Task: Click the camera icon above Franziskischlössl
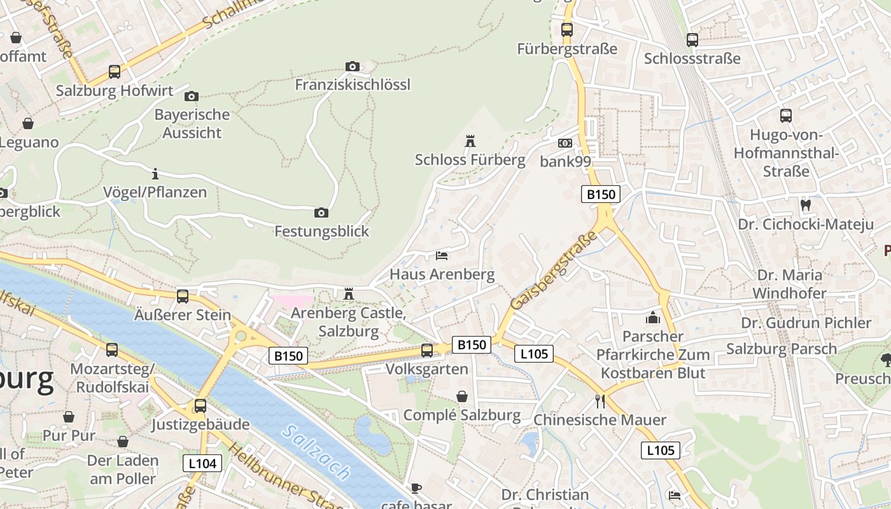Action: (x=352, y=66)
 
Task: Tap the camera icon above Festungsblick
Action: (x=321, y=213)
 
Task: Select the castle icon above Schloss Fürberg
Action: (x=470, y=141)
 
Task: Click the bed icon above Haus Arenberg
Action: (x=442, y=256)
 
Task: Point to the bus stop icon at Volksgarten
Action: (x=427, y=350)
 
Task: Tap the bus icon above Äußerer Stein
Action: (x=183, y=296)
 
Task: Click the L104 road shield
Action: (x=202, y=463)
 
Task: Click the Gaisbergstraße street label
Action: (x=554, y=270)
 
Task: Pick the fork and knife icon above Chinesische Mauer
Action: (x=600, y=401)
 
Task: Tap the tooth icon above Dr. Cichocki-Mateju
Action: (x=805, y=205)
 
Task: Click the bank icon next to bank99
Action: (x=565, y=143)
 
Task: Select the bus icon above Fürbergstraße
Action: (x=566, y=29)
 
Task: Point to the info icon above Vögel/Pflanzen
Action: (x=155, y=173)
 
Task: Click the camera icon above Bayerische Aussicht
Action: (x=191, y=96)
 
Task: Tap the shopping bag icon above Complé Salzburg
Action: (x=462, y=396)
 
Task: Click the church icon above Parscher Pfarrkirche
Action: (x=653, y=317)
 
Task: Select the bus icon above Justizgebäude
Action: (x=200, y=405)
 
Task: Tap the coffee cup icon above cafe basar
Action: (x=416, y=488)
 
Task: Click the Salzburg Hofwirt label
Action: (x=115, y=90)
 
